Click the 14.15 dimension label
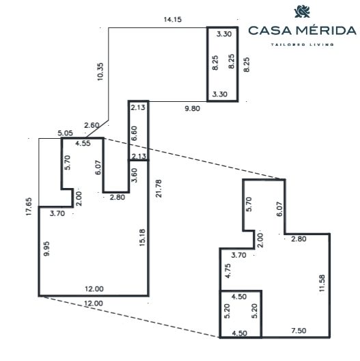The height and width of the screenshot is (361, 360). point(173,19)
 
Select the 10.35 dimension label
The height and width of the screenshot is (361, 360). point(100,72)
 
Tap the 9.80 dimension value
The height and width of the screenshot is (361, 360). point(193,109)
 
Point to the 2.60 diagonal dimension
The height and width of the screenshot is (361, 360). point(92,126)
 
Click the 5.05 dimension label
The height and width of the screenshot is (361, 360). point(65,133)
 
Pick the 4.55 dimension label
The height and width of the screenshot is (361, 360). point(83,144)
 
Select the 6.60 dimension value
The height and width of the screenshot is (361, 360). point(134,133)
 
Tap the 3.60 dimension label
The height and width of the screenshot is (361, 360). point(134,176)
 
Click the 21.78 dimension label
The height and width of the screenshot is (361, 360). point(158,189)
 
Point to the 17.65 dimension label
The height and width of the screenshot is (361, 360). point(29,206)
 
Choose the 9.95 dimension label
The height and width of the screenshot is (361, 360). point(46,249)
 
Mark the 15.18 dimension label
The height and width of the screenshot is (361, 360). point(142,238)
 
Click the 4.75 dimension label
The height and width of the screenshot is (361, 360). point(228,271)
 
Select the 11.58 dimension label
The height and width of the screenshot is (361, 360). point(322,284)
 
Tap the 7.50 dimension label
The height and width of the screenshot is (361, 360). point(299,331)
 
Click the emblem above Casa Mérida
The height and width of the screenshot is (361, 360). point(302,12)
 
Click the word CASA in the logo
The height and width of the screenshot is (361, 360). point(270,31)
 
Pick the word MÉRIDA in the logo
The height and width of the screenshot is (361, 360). point(326,30)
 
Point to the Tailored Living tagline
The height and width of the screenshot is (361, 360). point(302,44)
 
